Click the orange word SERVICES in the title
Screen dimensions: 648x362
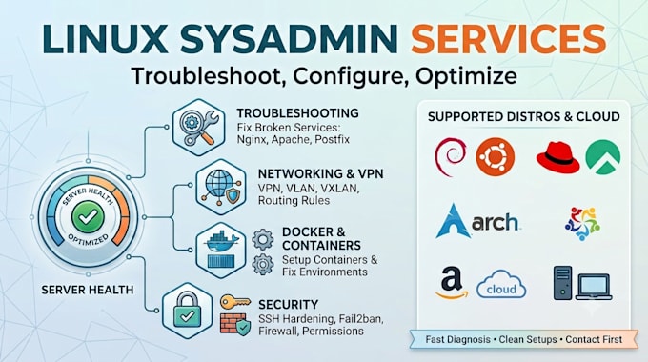click(x=508, y=38)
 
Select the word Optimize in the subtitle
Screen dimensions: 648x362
click(x=467, y=76)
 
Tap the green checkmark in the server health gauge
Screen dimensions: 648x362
click(x=88, y=216)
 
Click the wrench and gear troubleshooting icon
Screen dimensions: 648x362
click(x=198, y=128)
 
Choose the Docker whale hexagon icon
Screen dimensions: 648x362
click(x=221, y=250)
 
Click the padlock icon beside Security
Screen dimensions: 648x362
click(x=187, y=311)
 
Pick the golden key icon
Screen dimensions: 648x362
click(x=235, y=302)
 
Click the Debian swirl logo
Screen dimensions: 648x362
click(x=451, y=157)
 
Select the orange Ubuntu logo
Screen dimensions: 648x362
click(x=496, y=157)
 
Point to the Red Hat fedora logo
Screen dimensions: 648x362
click(x=557, y=157)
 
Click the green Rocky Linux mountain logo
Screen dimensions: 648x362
click(x=603, y=157)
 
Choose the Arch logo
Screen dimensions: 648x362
click(x=477, y=221)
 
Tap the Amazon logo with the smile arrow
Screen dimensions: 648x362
click(x=452, y=283)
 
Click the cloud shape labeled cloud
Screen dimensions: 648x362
click(x=501, y=284)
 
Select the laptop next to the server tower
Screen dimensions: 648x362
click(x=594, y=287)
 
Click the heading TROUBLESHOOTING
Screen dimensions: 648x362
click(x=297, y=113)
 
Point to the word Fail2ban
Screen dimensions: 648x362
click(x=361, y=319)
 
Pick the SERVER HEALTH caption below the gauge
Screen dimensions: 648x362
click(x=88, y=290)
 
